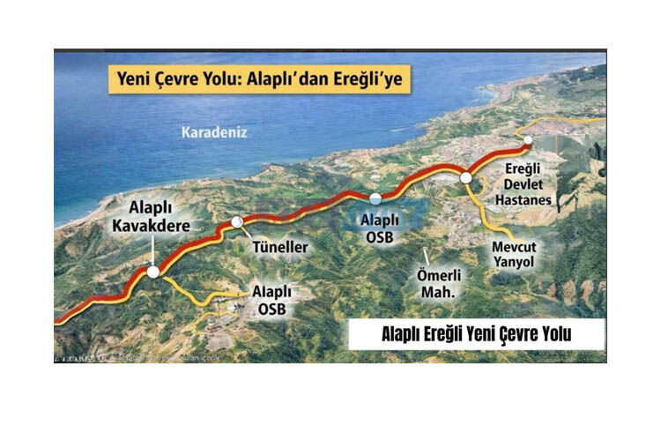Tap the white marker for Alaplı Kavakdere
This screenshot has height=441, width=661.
point(153,273)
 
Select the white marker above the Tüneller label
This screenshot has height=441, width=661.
point(236,222)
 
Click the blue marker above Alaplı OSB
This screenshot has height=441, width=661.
point(375,198)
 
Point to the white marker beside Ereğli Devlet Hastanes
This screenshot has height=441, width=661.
point(466,178)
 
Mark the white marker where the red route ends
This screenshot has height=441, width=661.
point(527,140)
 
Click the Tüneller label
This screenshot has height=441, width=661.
point(279,247)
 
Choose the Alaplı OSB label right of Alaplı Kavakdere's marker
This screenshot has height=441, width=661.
point(271,298)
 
